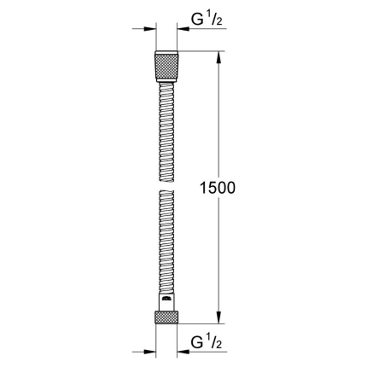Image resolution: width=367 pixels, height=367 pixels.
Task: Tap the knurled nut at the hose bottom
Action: click(167, 316)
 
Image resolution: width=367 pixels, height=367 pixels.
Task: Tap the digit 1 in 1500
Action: click(201, 187)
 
